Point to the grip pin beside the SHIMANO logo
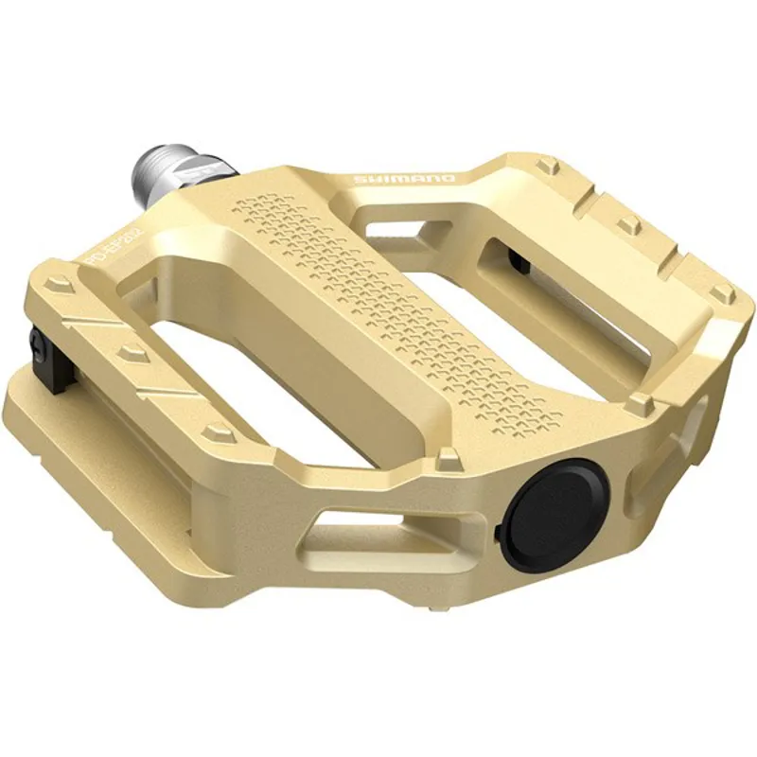(546, 167)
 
